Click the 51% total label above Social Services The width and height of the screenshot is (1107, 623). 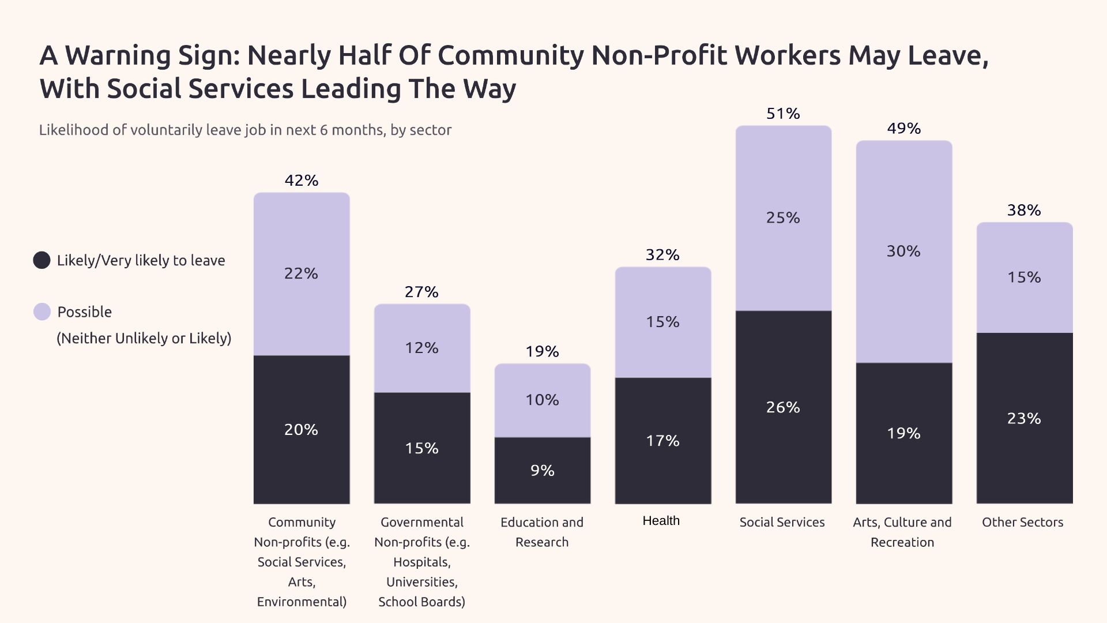(783, 114)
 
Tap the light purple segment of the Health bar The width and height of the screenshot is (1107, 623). (663, 300)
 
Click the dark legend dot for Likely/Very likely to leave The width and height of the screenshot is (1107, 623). (42, 260)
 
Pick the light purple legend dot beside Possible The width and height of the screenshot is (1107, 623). (42, 311)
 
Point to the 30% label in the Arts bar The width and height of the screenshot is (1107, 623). (903, 251)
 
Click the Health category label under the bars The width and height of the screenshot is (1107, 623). (661, 521)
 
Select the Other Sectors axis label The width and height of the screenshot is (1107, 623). (1023, 522)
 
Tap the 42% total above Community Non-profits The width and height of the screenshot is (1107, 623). (302, 181)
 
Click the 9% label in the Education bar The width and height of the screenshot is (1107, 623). (543, 471)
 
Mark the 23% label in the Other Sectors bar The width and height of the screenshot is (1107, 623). (1024, 418)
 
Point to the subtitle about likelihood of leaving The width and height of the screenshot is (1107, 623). (245, 130)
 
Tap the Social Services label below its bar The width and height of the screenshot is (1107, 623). (782, 522)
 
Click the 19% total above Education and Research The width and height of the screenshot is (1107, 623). (543, 351)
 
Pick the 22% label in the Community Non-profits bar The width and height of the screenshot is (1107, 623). (301, 273)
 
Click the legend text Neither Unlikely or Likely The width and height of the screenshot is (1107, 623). (144, 338)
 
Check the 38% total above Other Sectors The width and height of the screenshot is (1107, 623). (1024, 210)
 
